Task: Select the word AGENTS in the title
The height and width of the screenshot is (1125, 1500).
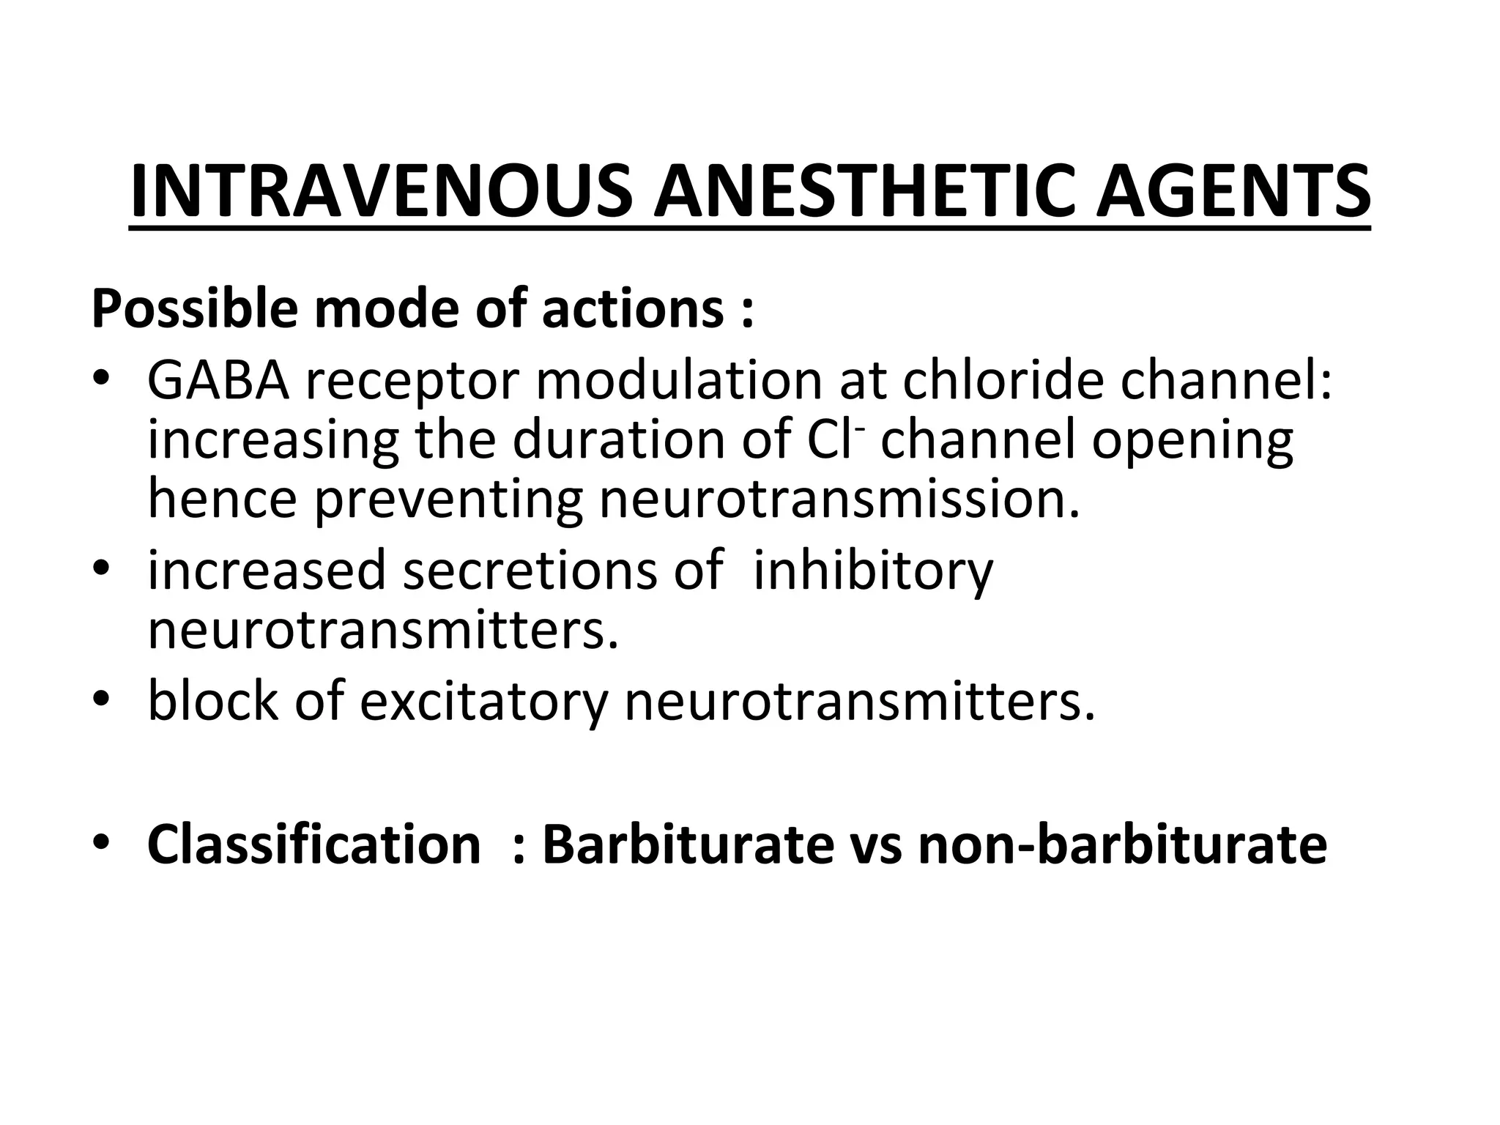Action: coord(1233,192)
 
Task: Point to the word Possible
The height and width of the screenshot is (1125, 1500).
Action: coord(194,310)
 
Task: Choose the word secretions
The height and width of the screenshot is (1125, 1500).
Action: coord(531,571)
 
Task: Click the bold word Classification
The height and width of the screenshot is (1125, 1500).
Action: coord(313,844)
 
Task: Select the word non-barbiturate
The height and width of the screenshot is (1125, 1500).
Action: coord(1122,844)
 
